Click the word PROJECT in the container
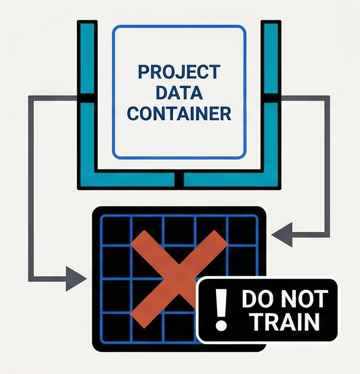click(x=179, y=72)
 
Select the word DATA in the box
click(x=179, y=93)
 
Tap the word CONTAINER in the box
click(x=179, y=114)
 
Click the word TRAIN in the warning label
click(x=285, y=322)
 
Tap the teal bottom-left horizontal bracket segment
click(x=130, y=180)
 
